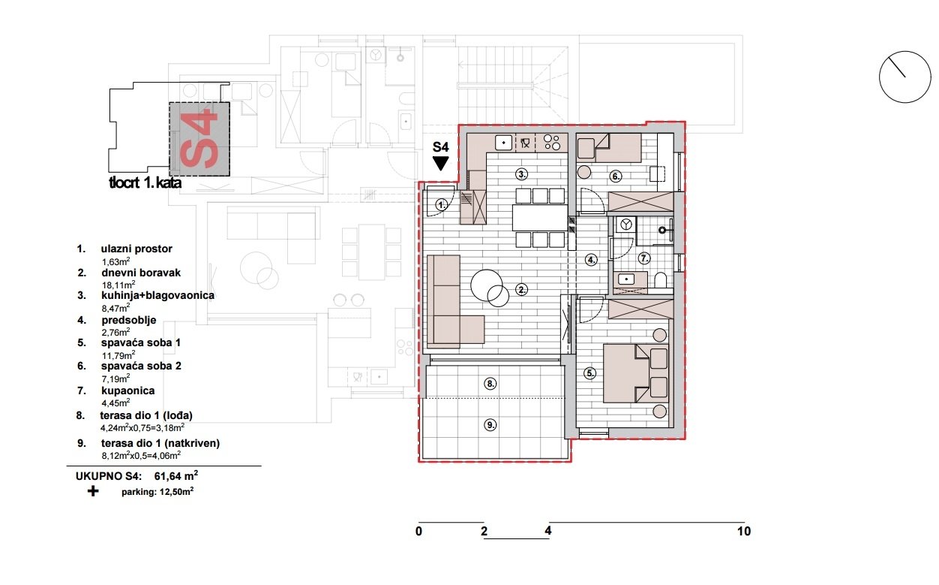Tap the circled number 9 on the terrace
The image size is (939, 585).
click(x=490, y=424)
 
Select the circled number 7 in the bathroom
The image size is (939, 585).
click(x=643, y=258)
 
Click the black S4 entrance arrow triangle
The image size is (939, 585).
click(x=440, y=161)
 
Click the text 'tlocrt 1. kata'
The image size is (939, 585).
click(x=145, y=182)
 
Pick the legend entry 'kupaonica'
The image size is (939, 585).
click(x=128, y=391)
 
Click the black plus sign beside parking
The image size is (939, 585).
click(x=93, y=492)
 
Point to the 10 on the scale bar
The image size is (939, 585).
click(x=743, y=532)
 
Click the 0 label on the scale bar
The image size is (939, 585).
click(x=418, y=532)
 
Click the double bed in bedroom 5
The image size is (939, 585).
click(x=636, y=373)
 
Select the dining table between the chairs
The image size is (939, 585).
click(x=539, y=218)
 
